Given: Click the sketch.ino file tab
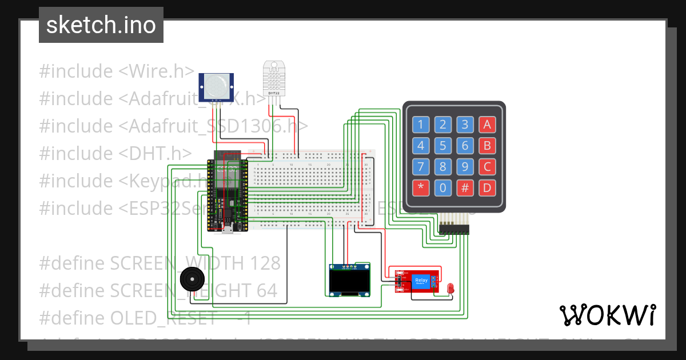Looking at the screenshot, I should pyautogui.click(x=101, y=25).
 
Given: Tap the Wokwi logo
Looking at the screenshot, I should pyautogui.click(x=607, y=315).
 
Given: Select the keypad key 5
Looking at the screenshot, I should pyautogui.click(x=442, y=146).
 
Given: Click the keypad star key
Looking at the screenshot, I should pyautogui.click(x=421, y=187).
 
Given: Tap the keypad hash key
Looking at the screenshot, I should pyautogui.click(x=465, y=187).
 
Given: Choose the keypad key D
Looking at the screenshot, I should pyautogui.click(x=487, y=187).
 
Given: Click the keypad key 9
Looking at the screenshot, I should pyautogui.click(x=465, y=167).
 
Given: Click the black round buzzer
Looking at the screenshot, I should pyautogui.click(x=191, y=280).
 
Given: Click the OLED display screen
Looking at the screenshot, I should pyautogui.click(x=350, y=281).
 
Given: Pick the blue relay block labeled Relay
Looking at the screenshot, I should pyautogui.click(x=421, y=281).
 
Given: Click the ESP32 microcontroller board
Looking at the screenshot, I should pyautogui.click(x=228, y=191).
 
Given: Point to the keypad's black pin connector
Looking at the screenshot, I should pyautogui.click(x=454, y=229).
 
